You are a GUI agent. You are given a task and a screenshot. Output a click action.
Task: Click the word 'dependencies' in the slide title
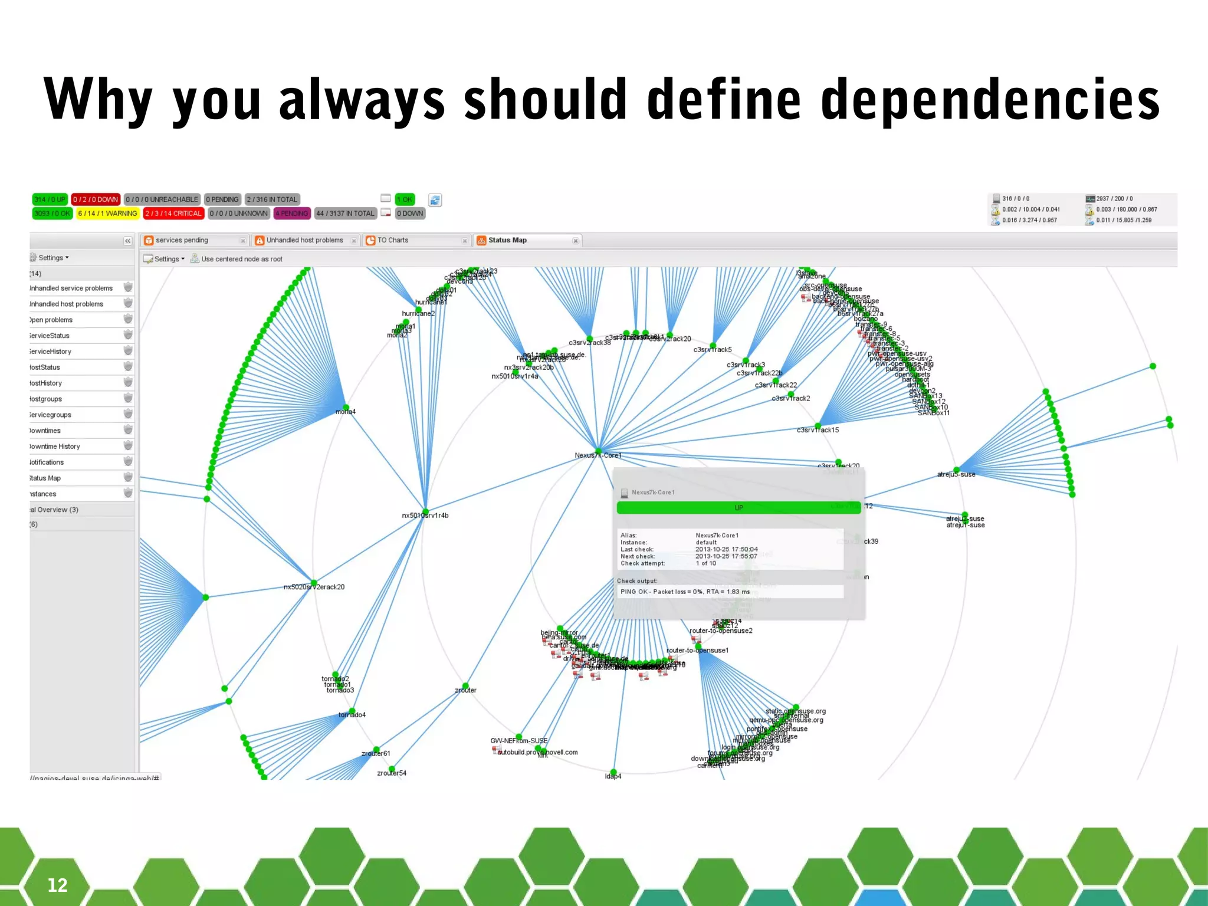[x=990, y=100]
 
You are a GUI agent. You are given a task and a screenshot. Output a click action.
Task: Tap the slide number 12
[x=57, y=885]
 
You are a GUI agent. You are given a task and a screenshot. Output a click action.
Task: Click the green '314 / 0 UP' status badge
[x=50, y=199]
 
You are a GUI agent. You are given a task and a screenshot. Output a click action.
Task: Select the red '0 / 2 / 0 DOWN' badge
[x=96, y=199]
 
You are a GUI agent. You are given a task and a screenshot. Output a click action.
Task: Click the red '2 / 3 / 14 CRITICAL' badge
[x=173, y=214]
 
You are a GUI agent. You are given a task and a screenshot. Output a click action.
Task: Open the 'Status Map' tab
[x=507, y=240]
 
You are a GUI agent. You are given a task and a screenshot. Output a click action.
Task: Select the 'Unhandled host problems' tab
[x=304, y=240]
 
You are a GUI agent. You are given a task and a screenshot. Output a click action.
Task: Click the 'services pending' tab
[x=182, y=240]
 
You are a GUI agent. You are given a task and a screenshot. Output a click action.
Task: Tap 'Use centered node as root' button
[x=241, y=259]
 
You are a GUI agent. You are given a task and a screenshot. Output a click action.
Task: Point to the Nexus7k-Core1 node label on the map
[x=598, y=455]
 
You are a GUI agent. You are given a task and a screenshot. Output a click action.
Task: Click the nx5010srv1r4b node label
[x=425, y=516]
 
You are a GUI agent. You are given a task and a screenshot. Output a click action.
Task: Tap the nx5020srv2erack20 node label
[x=314, y=587]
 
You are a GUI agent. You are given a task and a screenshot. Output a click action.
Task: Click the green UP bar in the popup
[x=738, y=508]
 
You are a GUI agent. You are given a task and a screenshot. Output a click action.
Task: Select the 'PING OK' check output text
[x=685, y=592]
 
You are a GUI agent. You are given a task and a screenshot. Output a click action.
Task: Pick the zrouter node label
[x=465, y=690]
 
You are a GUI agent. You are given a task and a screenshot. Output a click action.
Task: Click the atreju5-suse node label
[x=956, y=474]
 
